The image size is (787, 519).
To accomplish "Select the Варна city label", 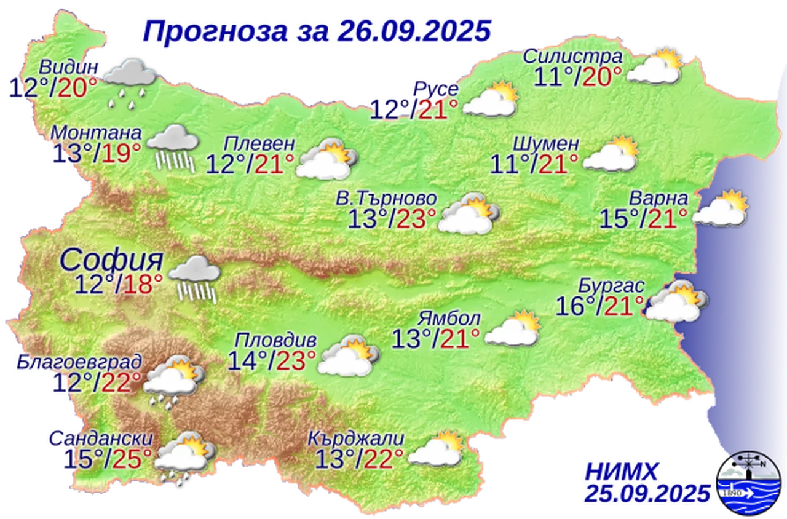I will click(x=658, y=199).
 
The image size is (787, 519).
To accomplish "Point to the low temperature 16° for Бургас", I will click(x=571, y=306).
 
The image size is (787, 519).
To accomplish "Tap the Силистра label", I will click(x=572, y=57).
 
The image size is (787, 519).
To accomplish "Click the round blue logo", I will click(x=751, y=483).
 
